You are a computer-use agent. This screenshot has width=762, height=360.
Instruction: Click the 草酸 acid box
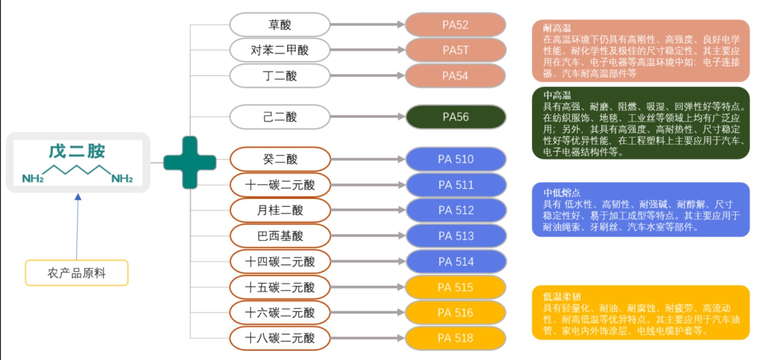pos(280,25)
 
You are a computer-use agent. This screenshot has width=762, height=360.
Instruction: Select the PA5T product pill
pos(455,50)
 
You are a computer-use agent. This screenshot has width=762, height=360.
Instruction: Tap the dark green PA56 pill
pos(455,117)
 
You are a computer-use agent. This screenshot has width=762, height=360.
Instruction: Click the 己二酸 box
pos(280,117)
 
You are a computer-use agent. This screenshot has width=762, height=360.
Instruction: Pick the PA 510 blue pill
pos(455,159)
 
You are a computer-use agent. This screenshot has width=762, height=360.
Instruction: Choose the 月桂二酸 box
pos(280,210)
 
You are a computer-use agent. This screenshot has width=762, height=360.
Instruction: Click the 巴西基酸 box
pos(280,236)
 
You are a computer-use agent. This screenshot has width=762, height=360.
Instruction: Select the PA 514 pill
pos(455,261)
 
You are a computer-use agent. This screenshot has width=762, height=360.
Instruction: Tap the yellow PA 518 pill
pos(455,338)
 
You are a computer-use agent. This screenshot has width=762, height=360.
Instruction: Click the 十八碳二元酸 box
pos(280,338)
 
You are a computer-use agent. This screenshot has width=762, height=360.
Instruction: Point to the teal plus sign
pos(190,162)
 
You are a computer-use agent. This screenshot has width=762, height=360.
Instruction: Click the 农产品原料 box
pos(76,273)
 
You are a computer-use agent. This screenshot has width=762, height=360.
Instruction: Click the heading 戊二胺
pos(77,151)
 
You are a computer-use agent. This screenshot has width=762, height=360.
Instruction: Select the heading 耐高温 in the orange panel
pos(556,28)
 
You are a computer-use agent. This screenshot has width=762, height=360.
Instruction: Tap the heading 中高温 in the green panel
pos(556,95)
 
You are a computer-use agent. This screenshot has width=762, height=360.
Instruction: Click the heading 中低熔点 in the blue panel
pos(561,193)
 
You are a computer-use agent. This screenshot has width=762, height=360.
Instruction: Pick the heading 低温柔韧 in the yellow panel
pos(561,296)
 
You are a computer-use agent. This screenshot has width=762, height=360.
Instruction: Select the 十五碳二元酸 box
pos(280,287)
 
